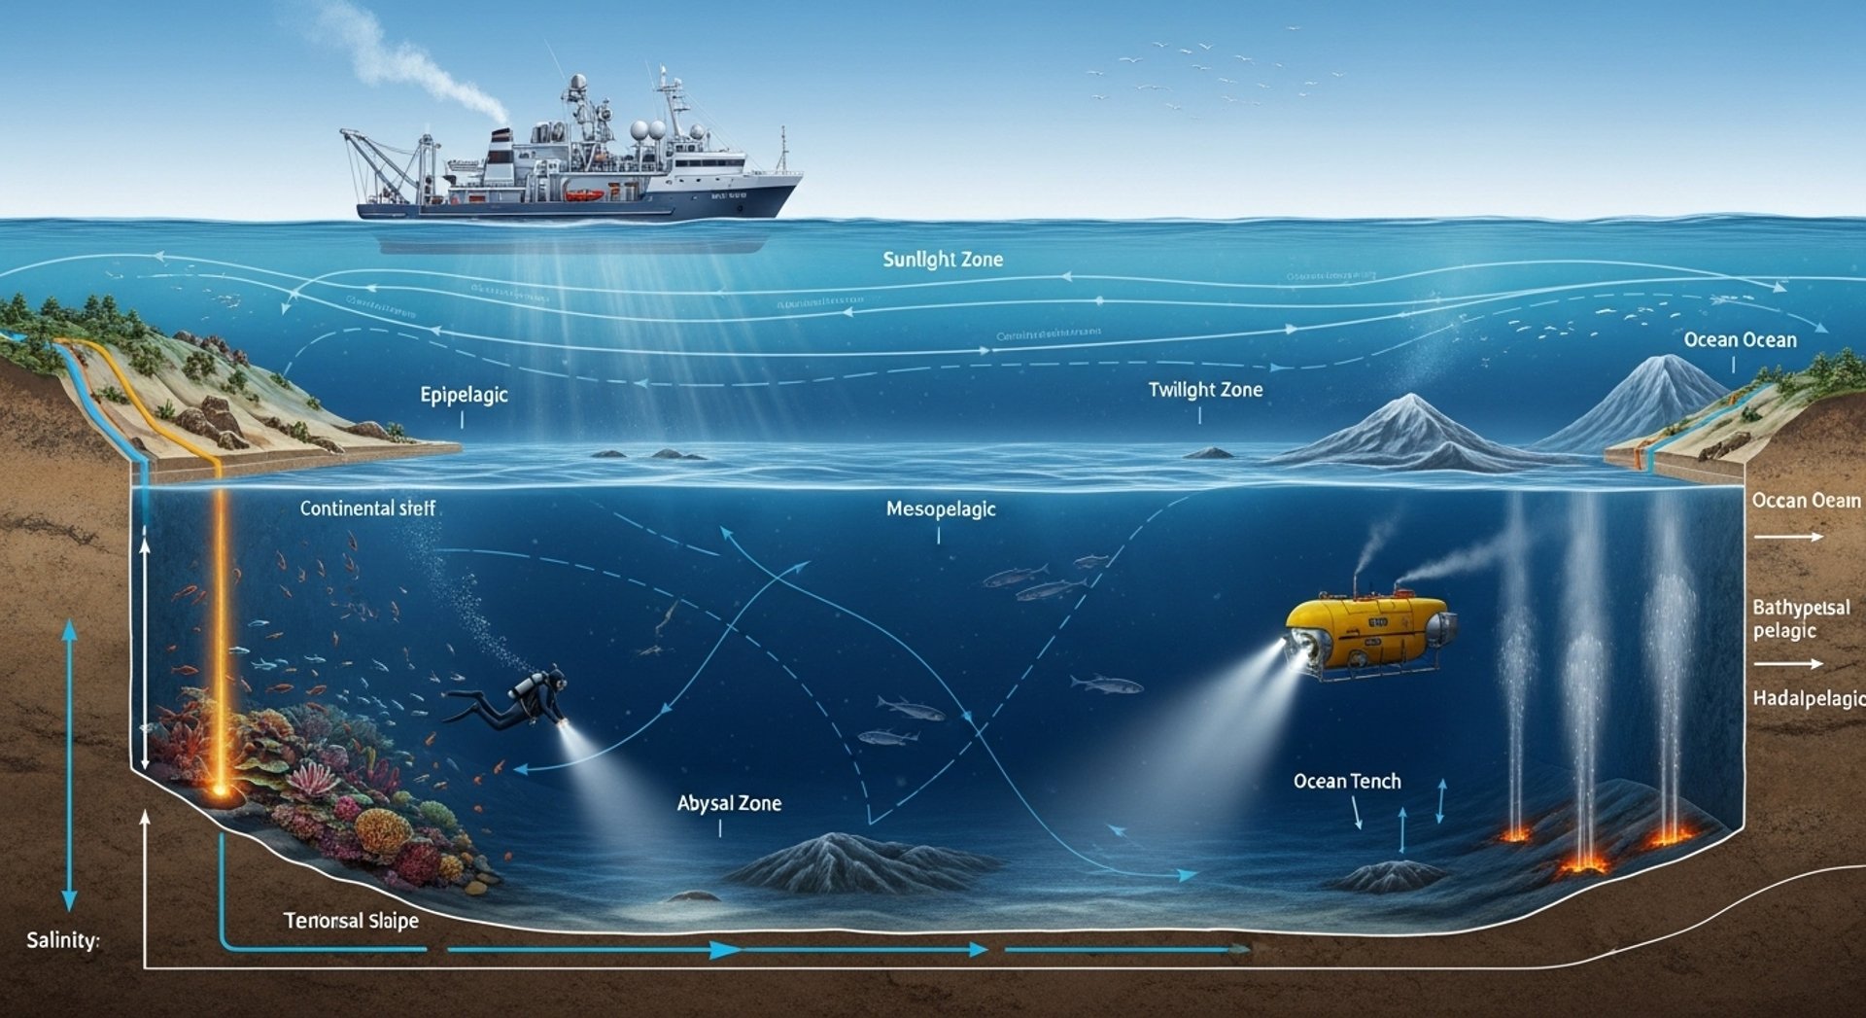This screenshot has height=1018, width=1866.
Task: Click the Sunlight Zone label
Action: point(943,260)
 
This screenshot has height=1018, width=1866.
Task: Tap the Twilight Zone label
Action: point(1205,390)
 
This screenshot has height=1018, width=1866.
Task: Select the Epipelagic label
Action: point(464,395)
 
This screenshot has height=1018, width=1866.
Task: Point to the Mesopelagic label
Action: point(941,509)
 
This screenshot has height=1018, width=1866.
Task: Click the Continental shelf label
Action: point(367,509)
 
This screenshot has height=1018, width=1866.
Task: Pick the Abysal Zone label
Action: point(729,803)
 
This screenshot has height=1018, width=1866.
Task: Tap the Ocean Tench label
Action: point(1347,781)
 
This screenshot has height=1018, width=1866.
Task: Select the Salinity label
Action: point(62,940)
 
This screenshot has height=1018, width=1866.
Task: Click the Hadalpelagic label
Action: point(1808,698)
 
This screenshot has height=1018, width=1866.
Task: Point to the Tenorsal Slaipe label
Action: point(351,920)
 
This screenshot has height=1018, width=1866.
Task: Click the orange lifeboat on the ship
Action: point(585,194)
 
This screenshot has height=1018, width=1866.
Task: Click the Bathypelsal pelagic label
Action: point(1800,618)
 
